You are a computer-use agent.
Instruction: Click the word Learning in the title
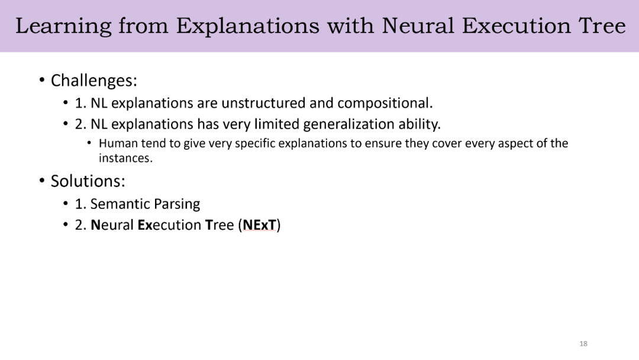pos(63,27)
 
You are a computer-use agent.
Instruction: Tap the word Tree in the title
pos(602,25)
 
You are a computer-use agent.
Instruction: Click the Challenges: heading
pos(93,81)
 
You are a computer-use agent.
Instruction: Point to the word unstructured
pos(263,103)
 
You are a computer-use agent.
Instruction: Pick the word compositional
pos(385,104)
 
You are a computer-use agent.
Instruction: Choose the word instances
pos(125,158)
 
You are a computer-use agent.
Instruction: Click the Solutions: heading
pos(88,181)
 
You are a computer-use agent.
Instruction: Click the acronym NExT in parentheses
pos(259,225)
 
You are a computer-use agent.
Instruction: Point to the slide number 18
pos(583,343)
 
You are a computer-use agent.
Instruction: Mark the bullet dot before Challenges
pos(42,80)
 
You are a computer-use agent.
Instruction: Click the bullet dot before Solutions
pos(42,180)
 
